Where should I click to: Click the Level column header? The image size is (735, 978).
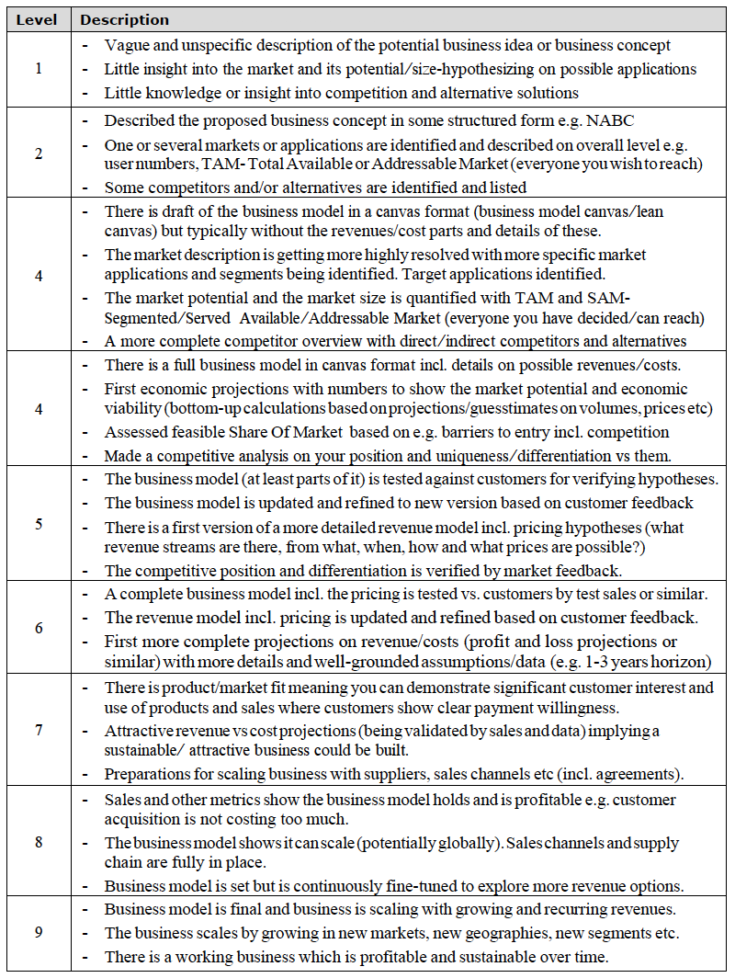[x=38, y=19]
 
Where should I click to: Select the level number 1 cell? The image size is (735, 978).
[x=38, y=69]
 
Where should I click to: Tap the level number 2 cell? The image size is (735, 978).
[x=38, y=154]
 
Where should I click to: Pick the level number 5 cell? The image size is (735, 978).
[x=38, y=524]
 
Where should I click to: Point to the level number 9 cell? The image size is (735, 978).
[x=38, y=932]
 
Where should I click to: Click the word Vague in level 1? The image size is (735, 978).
[x=125, y=45]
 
